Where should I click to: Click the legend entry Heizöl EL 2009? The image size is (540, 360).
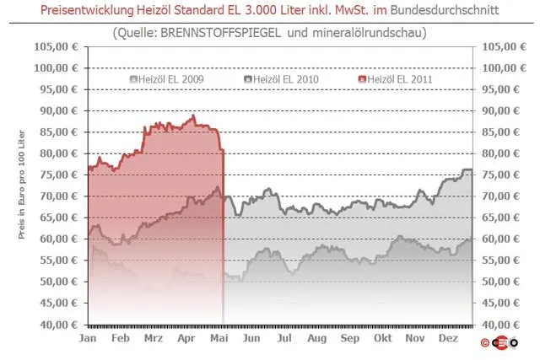coord(167,79)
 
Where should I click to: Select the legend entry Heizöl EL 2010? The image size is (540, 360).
coord(281,79)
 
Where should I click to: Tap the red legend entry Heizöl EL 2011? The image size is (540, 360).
coord(396,79)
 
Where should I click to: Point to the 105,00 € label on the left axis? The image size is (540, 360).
coord(57,46)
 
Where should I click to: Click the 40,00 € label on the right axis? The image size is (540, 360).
coord(500,325)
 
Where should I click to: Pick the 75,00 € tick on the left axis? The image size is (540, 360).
coord(59,175)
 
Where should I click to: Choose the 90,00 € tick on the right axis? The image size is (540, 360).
coord(500,110)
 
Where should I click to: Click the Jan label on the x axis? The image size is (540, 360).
coord(88,338)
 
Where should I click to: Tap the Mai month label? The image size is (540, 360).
coord(219,338)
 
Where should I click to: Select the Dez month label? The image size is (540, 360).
coord(448,338)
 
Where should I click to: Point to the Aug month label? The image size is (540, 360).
coord(317,338)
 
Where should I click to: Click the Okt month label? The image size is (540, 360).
coord(382,338)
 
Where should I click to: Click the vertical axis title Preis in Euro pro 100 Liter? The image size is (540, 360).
coord(22,185)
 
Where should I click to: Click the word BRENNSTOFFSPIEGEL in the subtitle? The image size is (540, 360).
coord(220,33)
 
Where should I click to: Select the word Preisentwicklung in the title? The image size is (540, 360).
coord(87,10)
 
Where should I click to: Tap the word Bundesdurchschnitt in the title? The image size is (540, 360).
coord(445,10)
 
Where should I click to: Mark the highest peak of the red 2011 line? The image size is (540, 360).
coord(193,116)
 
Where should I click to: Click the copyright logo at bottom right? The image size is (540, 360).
coord(499,343)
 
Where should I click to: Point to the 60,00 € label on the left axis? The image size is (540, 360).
coord(59,239)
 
